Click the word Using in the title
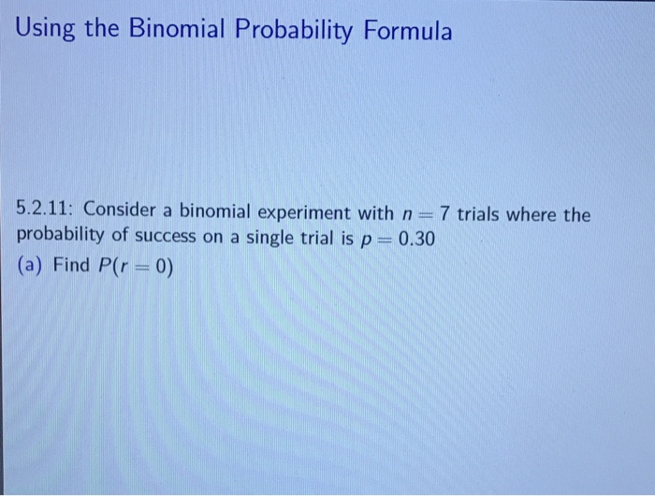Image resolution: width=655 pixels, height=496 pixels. (48, 32)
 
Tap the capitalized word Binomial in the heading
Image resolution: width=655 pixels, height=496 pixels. (176, 32)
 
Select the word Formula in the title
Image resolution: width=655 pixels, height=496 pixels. (409, 32)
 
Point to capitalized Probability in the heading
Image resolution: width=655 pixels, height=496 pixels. (299, 34)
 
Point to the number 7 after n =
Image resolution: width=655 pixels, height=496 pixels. (446, 214)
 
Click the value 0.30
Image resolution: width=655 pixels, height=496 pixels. (415, 238)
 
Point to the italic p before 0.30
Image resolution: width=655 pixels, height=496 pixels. (366, 240)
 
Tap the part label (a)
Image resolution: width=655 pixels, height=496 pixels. (32, 265)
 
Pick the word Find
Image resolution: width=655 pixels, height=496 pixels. (72, 265)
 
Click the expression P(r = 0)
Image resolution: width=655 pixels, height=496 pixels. (136, 265)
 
